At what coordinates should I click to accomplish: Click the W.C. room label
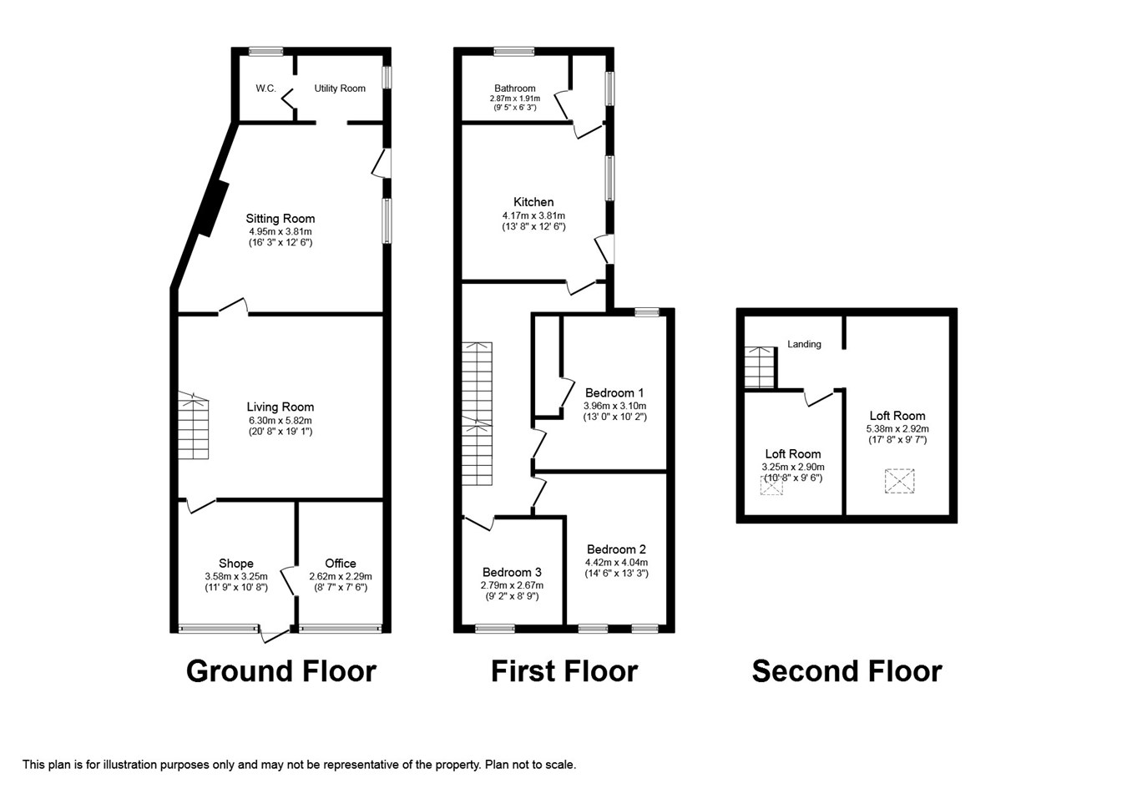[x=265, y=89]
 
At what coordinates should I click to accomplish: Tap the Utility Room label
[x=340, y=89]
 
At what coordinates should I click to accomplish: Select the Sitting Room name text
[x=280, y=219]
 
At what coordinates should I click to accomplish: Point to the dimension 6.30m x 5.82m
[x=280, y=420]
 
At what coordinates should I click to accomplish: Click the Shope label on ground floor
[x=236, y=564]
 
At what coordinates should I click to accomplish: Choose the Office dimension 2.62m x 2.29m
[x=341, y=576]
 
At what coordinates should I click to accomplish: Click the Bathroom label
[x=515, y=89]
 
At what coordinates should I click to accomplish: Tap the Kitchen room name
[x=533, y=202]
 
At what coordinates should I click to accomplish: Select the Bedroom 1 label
[x=614, y=392]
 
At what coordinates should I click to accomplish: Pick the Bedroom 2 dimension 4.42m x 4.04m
[x=616, y=562]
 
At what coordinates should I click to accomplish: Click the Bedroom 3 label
[x=512, y=572]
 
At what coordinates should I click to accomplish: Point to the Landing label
[x=804, y=344]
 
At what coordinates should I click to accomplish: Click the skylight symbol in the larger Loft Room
[x=900, y=481]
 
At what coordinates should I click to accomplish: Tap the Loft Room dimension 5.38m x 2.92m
[x=897, y=428]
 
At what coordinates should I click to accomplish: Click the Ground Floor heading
[x=281, y=671]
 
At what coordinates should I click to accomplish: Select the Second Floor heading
[x=847, y=671]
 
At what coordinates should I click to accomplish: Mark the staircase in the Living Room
[x=193, y=426]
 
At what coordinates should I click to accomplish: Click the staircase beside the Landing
[x=759, y=367]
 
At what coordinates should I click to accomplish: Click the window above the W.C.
[x=266, y=51]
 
